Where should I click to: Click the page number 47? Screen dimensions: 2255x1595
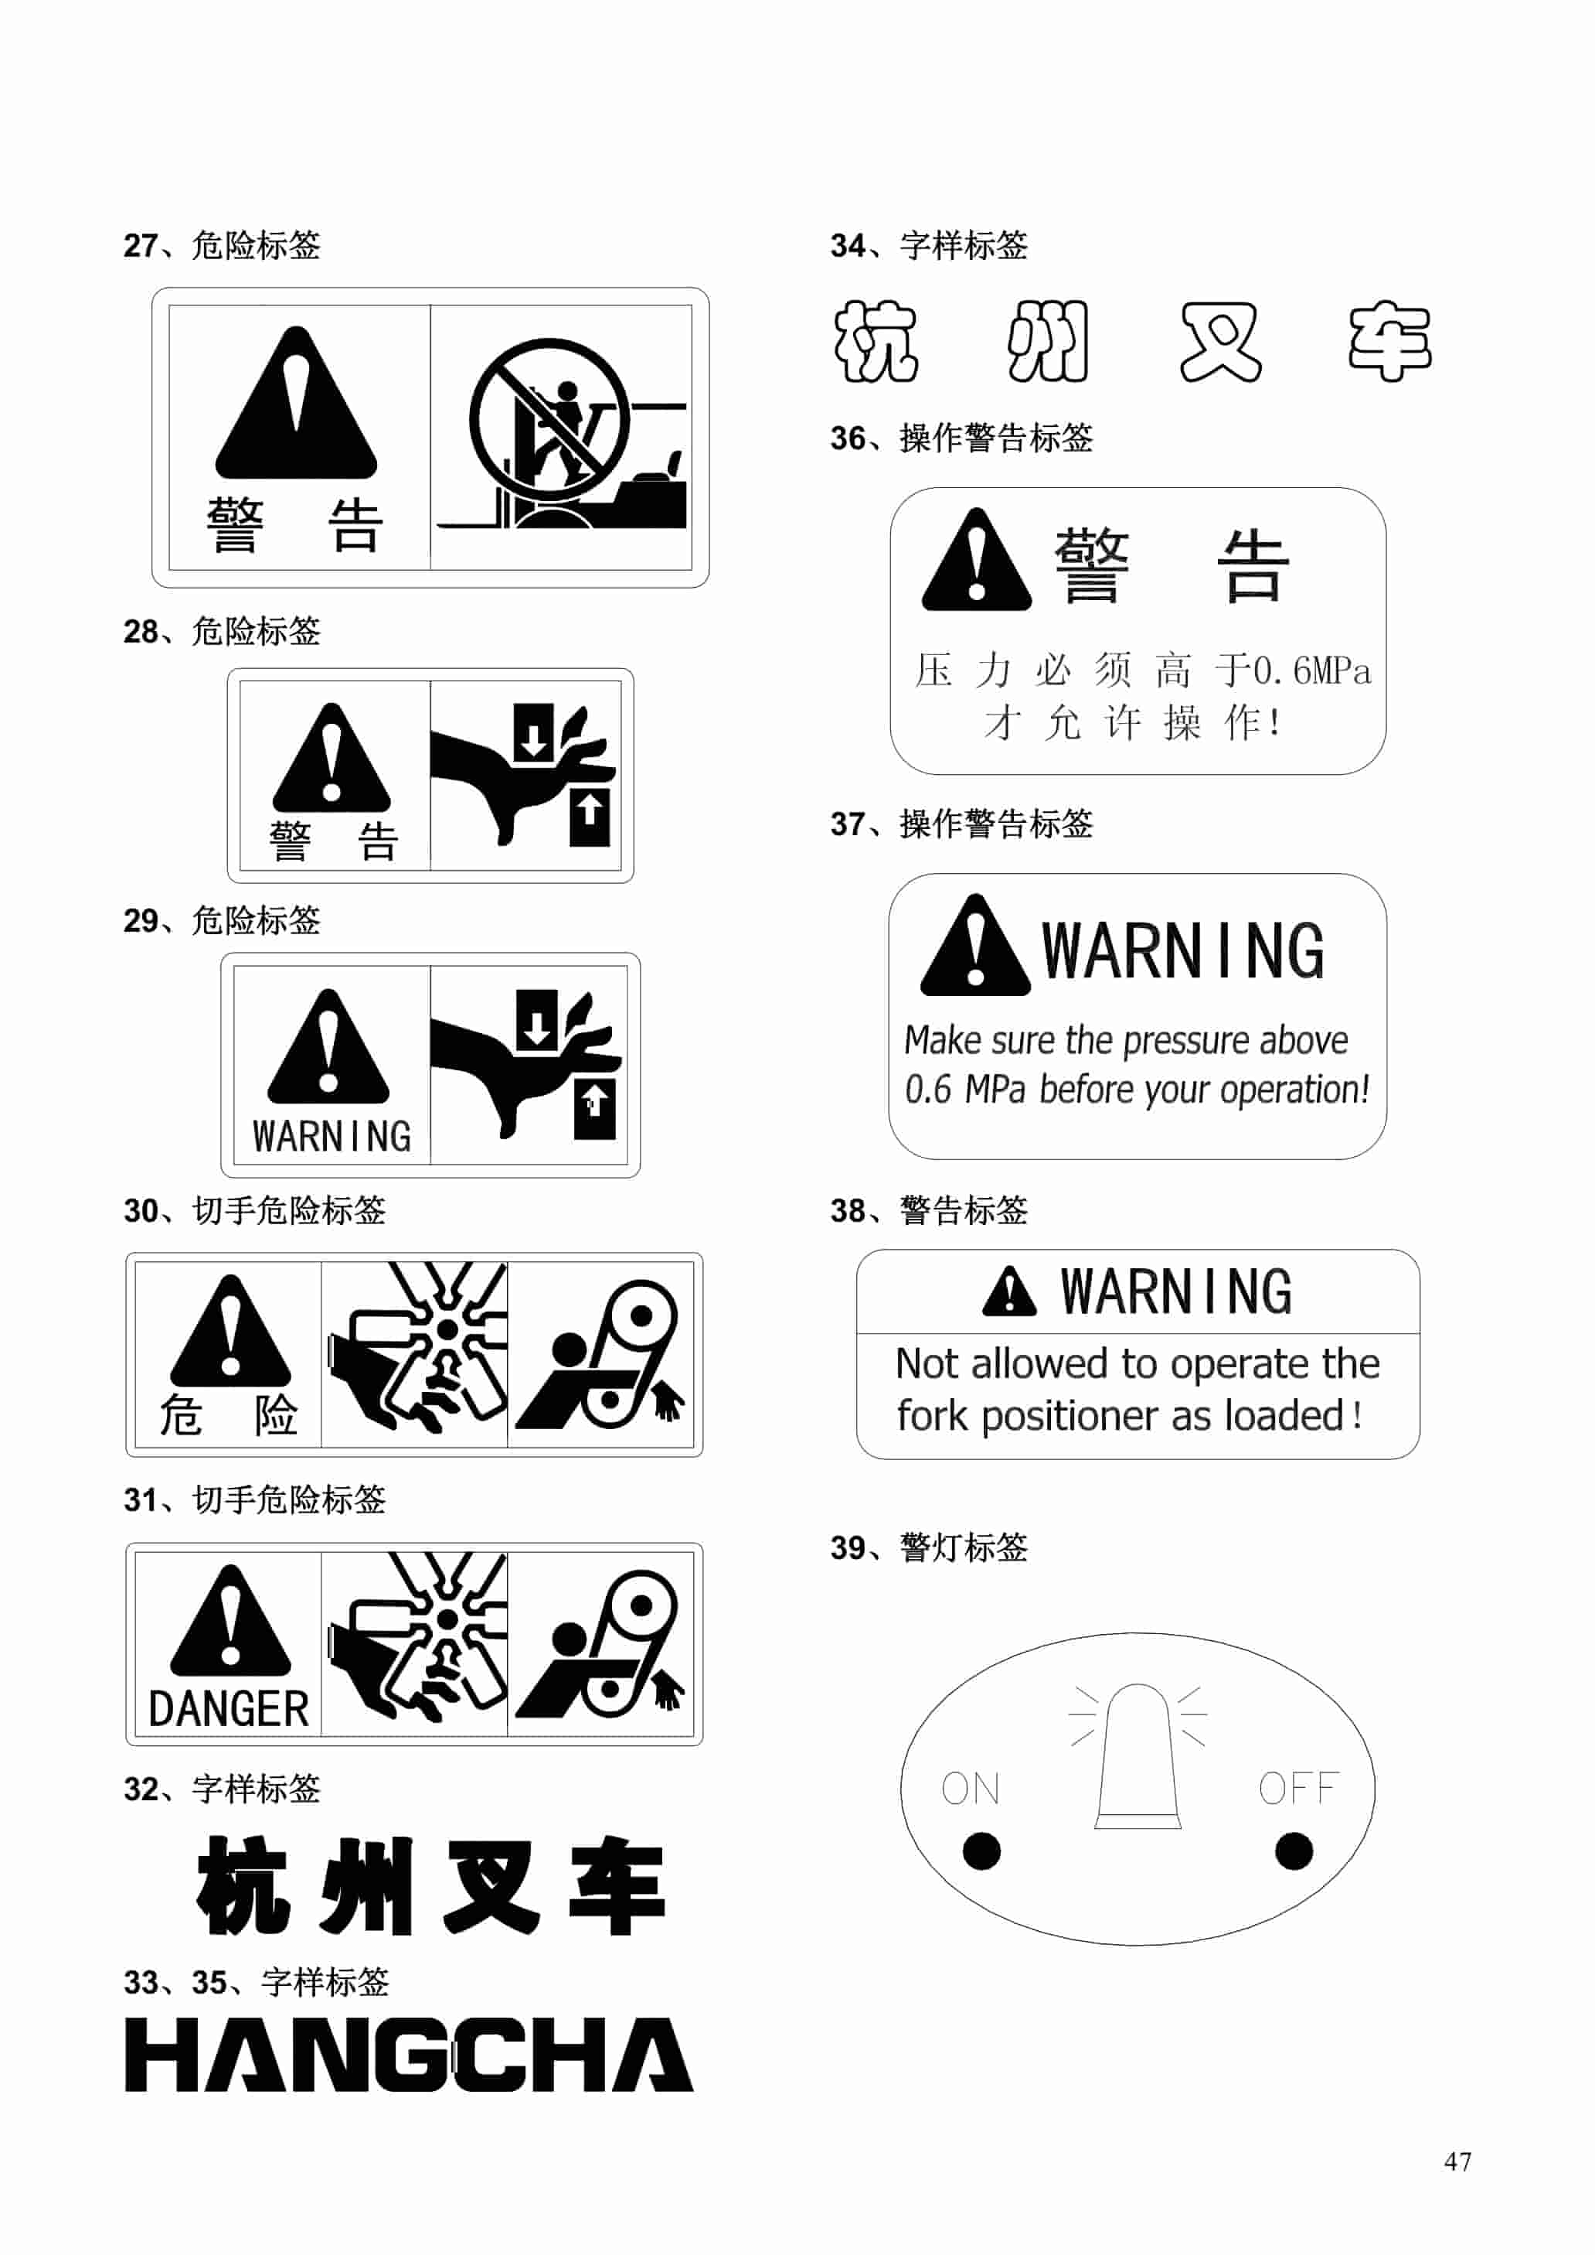coord(1457,2161)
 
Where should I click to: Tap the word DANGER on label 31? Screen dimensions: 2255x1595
coord(228,1709)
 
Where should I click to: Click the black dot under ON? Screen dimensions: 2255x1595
coord(981,1851)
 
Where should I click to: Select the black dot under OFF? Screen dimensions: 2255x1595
coord(1294,1851)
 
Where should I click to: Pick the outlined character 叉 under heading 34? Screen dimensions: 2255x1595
coord(1220,341)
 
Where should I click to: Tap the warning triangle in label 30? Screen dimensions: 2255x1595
coord(230,1330)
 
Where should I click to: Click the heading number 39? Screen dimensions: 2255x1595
coord(848,1548)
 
